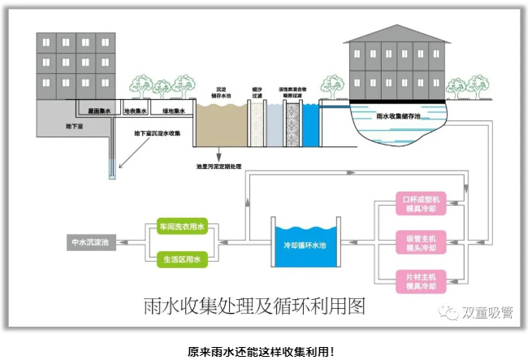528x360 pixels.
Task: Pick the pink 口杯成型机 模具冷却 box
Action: (421, 203)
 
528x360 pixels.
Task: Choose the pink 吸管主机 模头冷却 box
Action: (421, 241)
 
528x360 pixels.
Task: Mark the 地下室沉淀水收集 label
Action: (158, 133)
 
